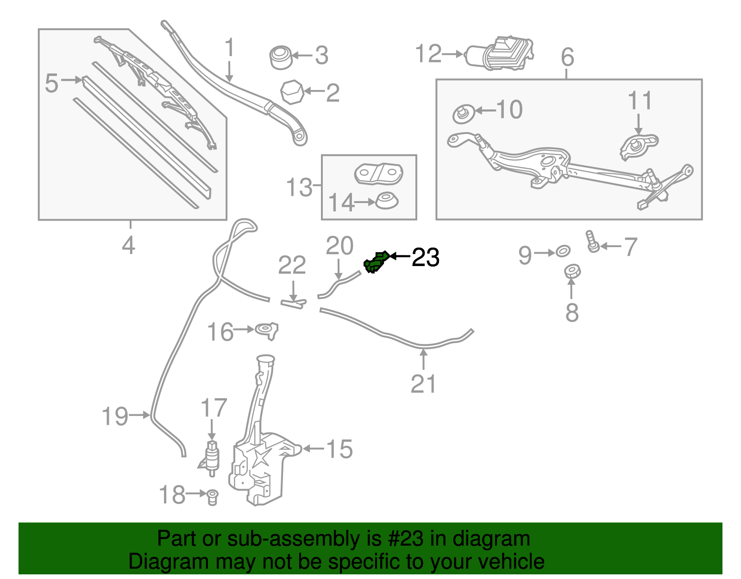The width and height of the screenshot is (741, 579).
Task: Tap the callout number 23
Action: [425, 257]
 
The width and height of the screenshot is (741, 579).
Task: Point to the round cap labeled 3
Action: [281, 57]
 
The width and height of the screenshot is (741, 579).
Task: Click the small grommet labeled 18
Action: [212, 496]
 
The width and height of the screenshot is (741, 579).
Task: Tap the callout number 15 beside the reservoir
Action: [339, 449]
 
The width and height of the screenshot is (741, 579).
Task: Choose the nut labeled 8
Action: [572, 271]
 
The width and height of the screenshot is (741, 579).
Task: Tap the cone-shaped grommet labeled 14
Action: [387, 201]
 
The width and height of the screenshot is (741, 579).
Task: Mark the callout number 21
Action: [423, 384]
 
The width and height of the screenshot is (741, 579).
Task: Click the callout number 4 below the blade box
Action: [129, 245]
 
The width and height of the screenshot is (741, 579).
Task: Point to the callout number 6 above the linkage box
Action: [567, 57]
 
